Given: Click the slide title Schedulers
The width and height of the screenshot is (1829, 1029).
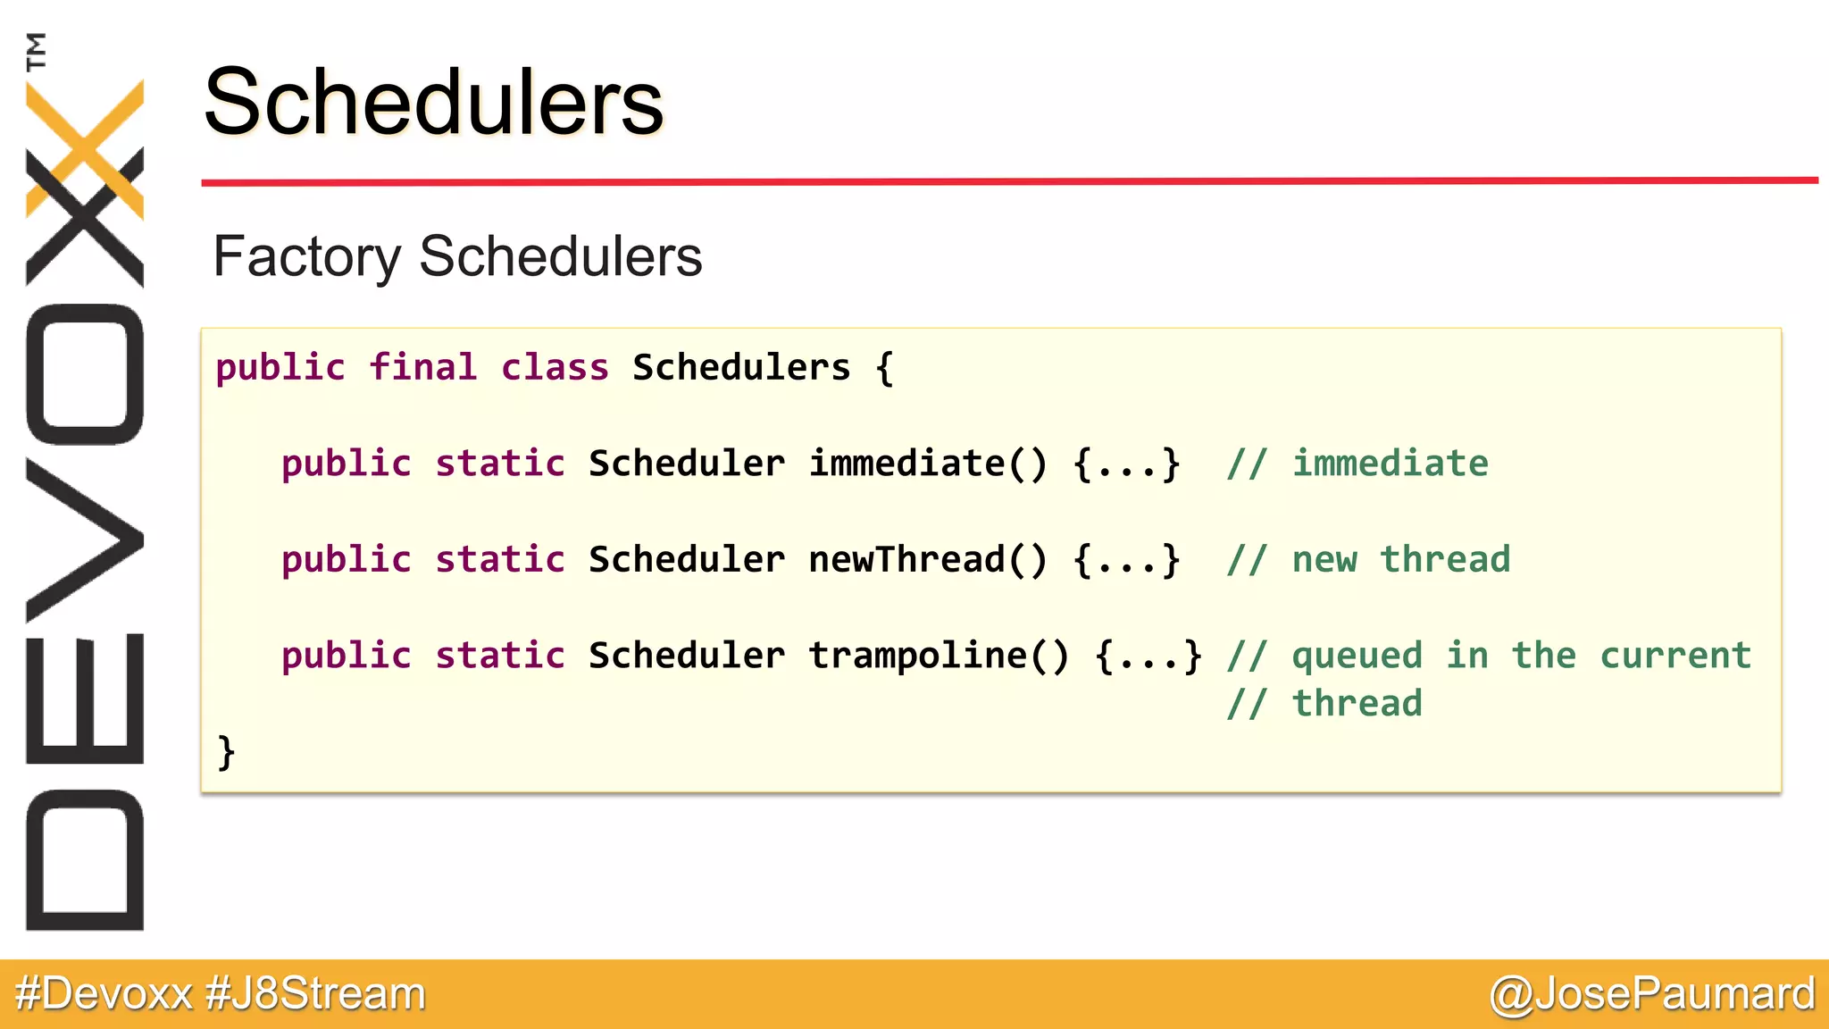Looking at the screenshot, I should [433, 103].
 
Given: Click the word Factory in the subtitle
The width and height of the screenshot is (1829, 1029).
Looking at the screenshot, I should [306, 257].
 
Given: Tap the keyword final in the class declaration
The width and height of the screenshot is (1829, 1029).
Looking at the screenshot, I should [422, 368].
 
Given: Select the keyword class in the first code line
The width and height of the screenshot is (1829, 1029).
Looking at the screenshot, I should [555, 368].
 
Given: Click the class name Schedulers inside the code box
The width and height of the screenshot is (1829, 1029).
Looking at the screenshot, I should [741, 368].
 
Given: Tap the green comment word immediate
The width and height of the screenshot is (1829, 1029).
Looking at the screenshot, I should [1391, 464].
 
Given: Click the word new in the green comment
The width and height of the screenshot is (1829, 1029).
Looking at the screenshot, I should [1324, 560].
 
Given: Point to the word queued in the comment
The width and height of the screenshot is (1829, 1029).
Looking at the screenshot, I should [1357, 656].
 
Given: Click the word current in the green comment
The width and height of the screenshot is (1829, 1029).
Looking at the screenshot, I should [1674, 656].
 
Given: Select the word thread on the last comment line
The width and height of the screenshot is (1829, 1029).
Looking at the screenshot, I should [1357, 704].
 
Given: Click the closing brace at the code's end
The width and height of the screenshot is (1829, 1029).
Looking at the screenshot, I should [226, 752].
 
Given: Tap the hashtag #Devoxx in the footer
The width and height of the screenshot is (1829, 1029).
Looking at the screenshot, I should [104, 994].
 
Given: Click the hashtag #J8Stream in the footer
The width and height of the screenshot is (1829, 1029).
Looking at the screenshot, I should [315, 994].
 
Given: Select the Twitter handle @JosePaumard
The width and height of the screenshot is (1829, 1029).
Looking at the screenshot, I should [1652, 994].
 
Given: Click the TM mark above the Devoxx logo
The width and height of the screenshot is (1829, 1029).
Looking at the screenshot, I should [36, 51].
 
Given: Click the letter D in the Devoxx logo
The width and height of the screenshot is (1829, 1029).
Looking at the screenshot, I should [85, 860].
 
